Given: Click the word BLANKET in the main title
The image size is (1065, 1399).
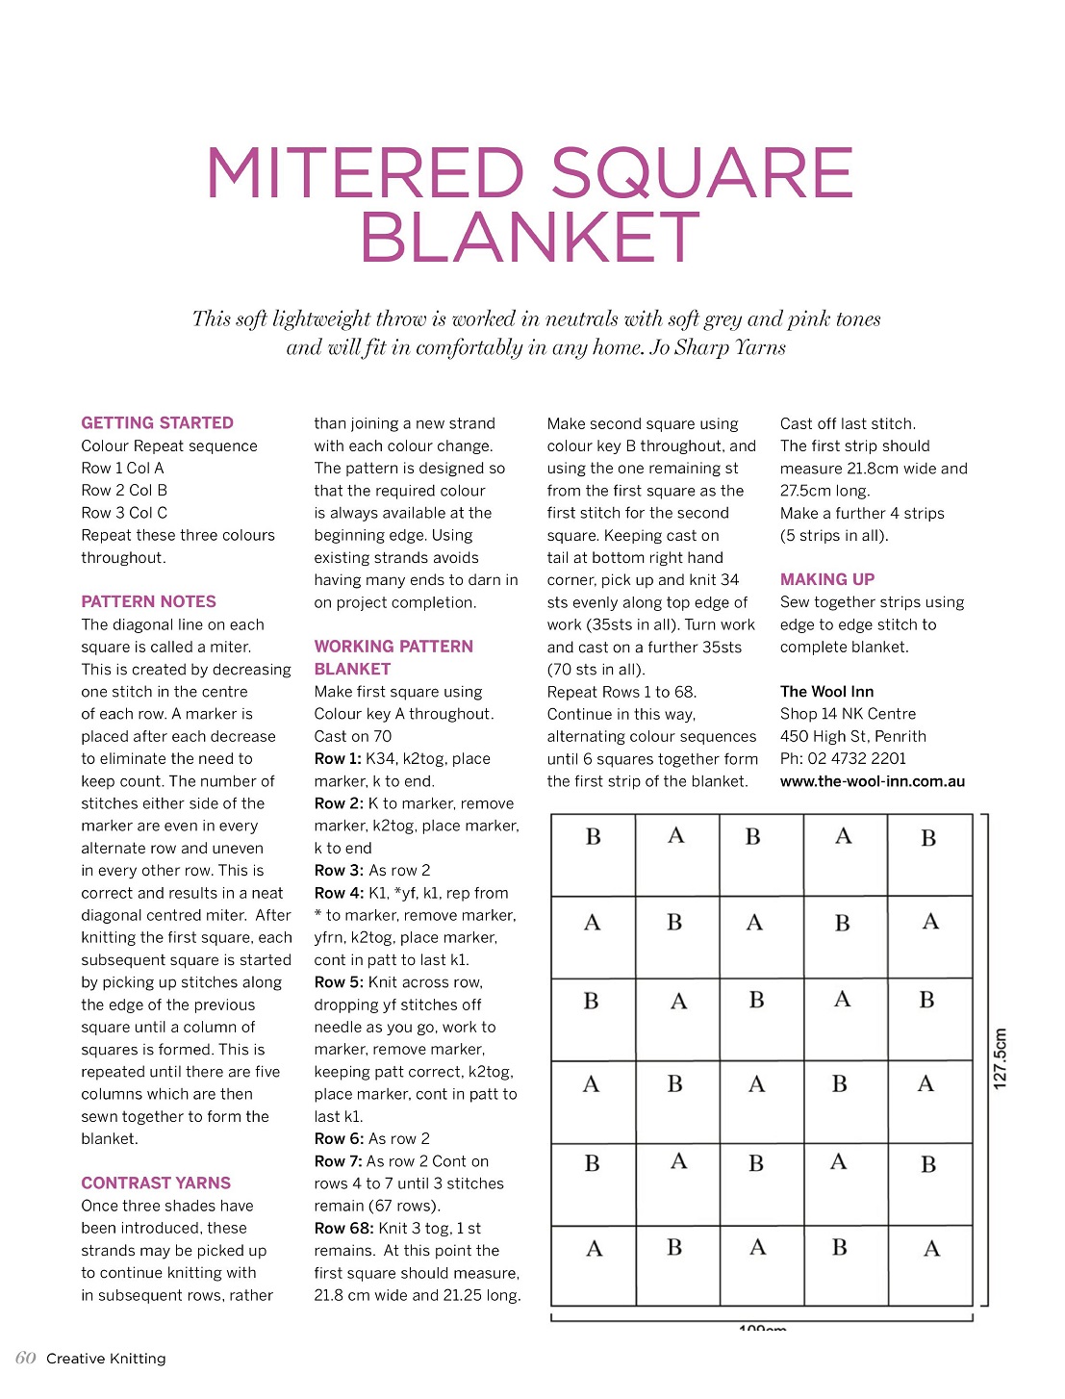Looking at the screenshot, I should point(530,238).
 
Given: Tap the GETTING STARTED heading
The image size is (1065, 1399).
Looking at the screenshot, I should point(157,422).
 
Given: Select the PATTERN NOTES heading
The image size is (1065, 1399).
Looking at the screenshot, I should point(148,601).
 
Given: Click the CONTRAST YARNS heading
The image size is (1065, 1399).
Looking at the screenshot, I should point(156,1183).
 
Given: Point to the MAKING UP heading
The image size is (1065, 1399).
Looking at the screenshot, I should point(827,579).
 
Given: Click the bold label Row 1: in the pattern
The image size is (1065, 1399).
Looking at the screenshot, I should point(338,758).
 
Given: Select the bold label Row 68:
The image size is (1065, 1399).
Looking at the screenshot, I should point(343,1228).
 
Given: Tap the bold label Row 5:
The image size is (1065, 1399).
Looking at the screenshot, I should point(338,981).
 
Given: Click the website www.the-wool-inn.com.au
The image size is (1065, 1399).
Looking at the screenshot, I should point(873,781).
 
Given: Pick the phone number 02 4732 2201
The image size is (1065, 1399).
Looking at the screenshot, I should point(856,758).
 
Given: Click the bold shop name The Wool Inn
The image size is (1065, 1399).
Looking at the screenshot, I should point(826,691).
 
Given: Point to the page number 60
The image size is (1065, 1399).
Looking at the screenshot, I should point(26,1358).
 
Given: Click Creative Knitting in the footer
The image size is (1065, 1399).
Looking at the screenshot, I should point(106,1359).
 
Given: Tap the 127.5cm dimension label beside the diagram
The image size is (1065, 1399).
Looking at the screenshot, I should point(1001,1058).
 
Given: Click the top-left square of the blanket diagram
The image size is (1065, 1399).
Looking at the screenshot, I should point(593,854).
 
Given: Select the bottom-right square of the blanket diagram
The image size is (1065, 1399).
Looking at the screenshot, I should point(930,1264).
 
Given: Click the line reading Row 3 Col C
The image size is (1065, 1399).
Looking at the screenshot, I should point(124,513).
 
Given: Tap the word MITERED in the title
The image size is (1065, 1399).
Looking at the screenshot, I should point(366,173).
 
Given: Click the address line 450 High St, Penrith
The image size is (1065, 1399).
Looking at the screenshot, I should point(853,736).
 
